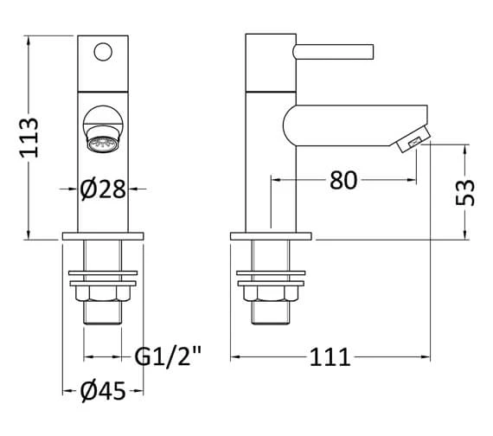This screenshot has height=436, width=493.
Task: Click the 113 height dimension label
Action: (x=29, y=138)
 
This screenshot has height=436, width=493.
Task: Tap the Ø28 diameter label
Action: (x=103, y=189)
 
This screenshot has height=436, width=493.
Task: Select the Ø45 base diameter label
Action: (x=103, y=391)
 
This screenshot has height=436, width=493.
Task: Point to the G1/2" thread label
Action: (x=167, y=356)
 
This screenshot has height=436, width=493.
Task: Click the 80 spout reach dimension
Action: (x=343, y=180)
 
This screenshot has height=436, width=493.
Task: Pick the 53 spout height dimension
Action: (x=465, y=192)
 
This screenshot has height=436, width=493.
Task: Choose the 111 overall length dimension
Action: (x=330, y=357)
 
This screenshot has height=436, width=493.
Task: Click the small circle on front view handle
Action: (x=103, y=51)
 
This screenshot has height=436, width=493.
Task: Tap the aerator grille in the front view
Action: (x=103, y=144)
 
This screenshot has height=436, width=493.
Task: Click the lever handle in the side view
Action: (x=333, y=52)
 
